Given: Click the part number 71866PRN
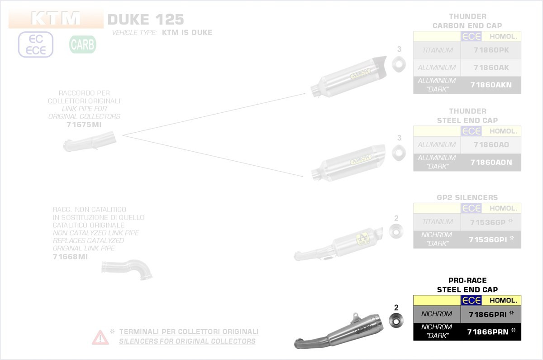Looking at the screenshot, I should (488, 332).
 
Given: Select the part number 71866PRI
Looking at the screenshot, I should (488, 314).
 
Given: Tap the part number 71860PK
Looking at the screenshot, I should (491, 50).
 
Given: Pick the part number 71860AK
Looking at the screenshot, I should (491, 68).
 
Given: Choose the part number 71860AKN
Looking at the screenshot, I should (491, 85).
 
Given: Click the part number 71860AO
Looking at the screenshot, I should (491, 144).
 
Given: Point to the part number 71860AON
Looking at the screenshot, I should (491, 162).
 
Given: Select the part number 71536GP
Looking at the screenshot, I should (488, 221).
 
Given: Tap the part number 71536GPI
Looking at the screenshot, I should (488, 239).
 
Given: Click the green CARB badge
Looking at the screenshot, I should (82, 45).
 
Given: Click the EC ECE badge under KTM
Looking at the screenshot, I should (36, 45).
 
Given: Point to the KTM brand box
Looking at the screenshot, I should (56, 19).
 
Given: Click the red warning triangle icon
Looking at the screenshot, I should (100, 337).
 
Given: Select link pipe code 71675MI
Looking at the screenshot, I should (84, 125).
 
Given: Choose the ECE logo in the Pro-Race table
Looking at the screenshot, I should (471, 300).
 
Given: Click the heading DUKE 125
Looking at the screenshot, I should (146, 19).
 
